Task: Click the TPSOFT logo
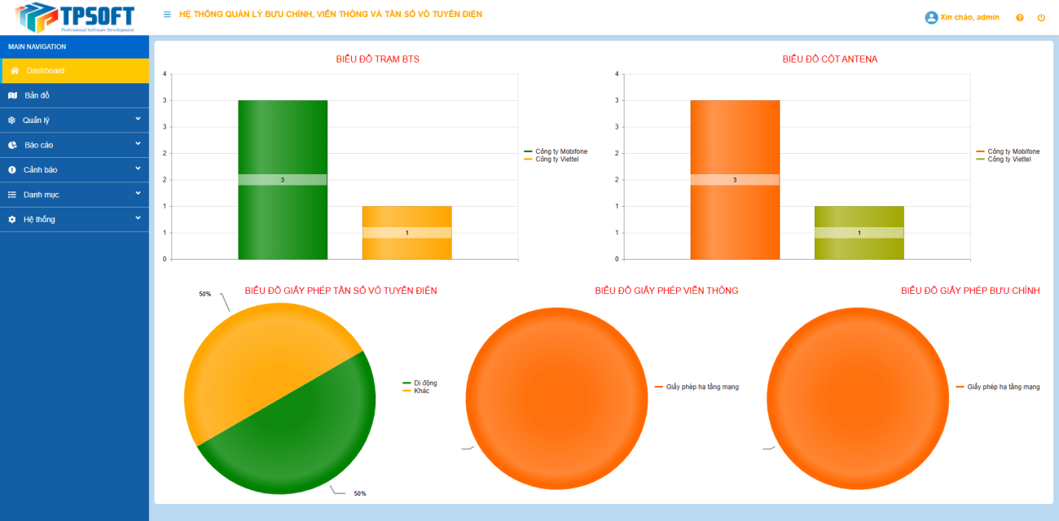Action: click(74, 16)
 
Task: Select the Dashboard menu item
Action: click(45, 71)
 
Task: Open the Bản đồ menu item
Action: click(37, 95)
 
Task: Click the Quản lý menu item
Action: click(36, 120)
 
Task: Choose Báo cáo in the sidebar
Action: click(38, 145)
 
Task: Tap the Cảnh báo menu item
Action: click(40, 170)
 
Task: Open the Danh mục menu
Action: click(41, 195)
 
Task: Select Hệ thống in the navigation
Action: click(39, 220)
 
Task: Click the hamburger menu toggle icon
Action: click(167, 15)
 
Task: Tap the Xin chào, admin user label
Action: click(969, 17)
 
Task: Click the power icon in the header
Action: click(1041, 18)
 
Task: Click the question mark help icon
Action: click(1020, 18)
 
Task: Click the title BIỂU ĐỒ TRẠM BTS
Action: click(377, 59)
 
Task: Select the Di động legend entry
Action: click(425, 383)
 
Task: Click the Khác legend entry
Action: click(421, 391)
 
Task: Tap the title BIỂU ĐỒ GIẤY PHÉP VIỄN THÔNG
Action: click(666, 291)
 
